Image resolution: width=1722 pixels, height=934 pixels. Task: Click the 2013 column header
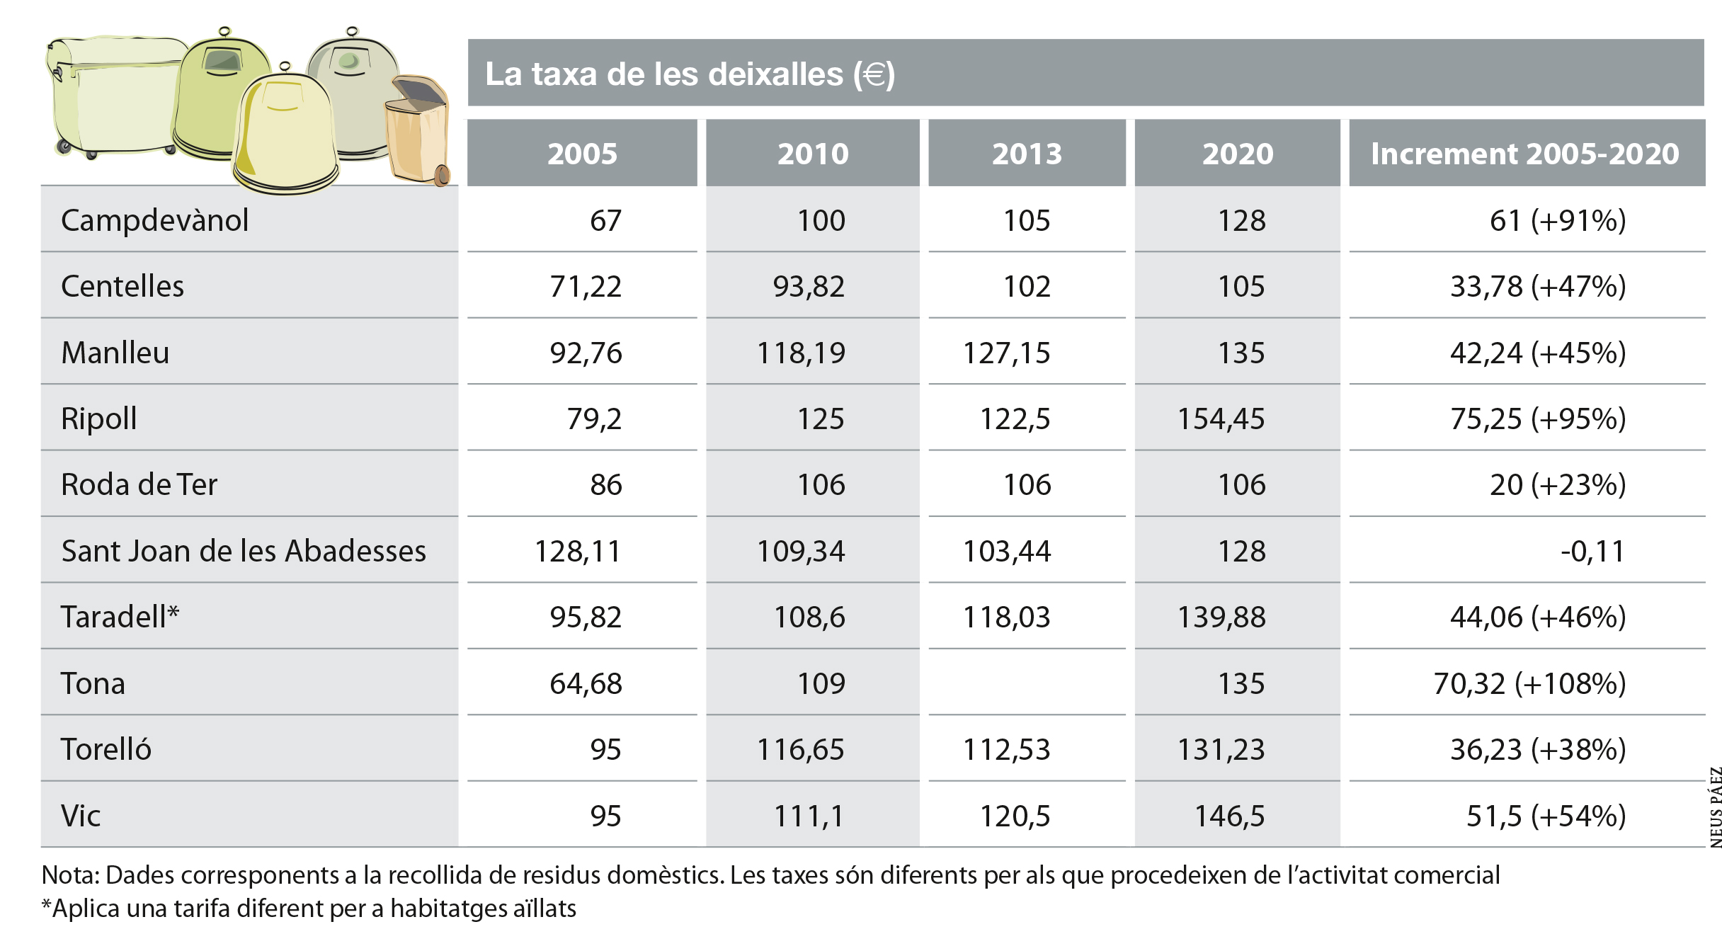pos(1027,154)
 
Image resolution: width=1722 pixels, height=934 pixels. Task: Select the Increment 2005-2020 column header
pos(1524,154)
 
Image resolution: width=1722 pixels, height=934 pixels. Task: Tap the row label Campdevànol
pos(154,220)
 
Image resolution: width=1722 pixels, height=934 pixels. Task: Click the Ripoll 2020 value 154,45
pos(1221,418)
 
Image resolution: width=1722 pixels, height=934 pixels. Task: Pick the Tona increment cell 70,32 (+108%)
pos(1529,683)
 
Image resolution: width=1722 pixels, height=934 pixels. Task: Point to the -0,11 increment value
pos(1592,551)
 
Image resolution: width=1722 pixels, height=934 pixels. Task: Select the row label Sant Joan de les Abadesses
pos(244,551)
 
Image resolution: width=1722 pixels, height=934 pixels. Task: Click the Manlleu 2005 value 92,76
pos(586,353)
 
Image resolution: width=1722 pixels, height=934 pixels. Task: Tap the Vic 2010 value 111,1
pos(809,816)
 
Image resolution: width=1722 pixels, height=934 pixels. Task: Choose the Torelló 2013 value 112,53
pos(1006,749)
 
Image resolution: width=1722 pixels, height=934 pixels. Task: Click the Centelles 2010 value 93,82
pos(809,286)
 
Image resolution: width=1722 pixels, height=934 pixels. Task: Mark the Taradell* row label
pos(120,617)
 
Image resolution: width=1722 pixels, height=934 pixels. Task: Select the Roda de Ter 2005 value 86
pos(606,485)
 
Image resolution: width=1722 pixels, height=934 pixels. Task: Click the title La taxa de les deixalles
pos(690,74)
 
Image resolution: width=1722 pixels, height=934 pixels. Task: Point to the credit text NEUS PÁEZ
pos(1715,807)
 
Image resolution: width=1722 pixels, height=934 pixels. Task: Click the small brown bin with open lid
pos(418,131)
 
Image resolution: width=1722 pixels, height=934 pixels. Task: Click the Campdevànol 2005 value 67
pos(606,220)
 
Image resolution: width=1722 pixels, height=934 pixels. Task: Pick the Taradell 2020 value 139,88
pos(1221,617)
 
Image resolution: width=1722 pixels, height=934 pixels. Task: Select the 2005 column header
pos(582,154)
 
